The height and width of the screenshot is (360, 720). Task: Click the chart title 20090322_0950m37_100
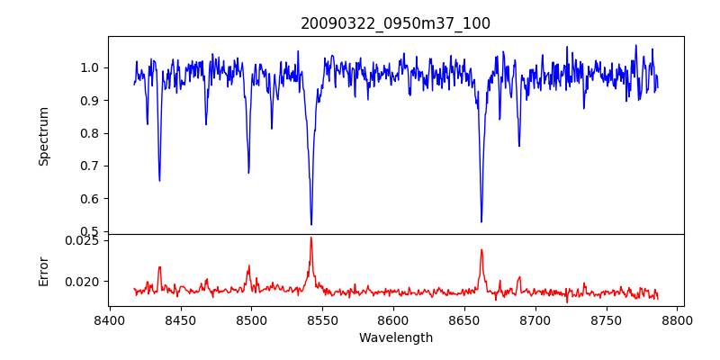(395, 23)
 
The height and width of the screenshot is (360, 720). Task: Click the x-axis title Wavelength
(395, 338)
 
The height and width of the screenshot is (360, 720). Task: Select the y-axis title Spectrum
(43, 136)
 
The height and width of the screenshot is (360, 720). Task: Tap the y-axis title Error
(43, 269)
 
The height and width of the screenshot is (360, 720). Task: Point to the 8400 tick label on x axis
(109, 320)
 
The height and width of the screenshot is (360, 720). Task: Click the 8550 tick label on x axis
(322, 320)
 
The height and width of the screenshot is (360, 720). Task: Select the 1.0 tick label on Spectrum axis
(88, 68)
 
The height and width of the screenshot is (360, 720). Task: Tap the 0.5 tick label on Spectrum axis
(88, 232)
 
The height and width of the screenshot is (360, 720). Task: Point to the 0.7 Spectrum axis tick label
(88, 166)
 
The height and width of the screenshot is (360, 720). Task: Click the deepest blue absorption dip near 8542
(311, 224)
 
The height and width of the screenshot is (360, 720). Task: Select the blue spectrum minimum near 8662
(481, 221)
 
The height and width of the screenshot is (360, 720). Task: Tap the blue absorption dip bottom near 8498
(248, 172)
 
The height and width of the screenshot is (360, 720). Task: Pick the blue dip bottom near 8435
(159, 181)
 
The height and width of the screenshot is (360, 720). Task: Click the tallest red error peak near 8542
(310, 238)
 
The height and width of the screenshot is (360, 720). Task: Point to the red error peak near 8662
(481, 250)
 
